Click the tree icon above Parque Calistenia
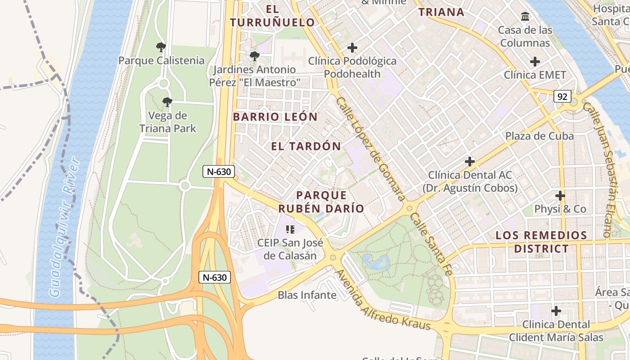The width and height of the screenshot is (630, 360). tap(161, 47)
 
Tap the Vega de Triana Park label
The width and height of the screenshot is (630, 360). tap(168, 122)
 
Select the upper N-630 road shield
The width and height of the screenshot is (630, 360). tap(219, 171)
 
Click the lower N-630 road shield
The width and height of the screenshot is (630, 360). tap(215, 277)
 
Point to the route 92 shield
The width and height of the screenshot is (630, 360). tap(562, 96)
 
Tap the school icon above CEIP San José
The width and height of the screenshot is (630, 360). tap(290, 229)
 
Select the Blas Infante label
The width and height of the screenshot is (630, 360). tap(307, 295)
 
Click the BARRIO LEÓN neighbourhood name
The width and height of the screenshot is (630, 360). tap(275, 117)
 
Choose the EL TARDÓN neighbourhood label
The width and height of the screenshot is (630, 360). tap(306, 146)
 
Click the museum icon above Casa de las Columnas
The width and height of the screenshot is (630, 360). tap(525, 17)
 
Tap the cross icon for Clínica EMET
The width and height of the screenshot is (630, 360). tap(535, 61)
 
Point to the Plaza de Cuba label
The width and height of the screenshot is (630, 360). tap(539, 136)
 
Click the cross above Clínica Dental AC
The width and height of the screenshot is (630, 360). tap(470, 161)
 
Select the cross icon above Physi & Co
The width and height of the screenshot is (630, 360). tap(560, 196)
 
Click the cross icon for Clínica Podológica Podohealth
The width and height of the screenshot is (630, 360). tap(352, 47)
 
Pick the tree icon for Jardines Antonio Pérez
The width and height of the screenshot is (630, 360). tap(254, 56)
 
